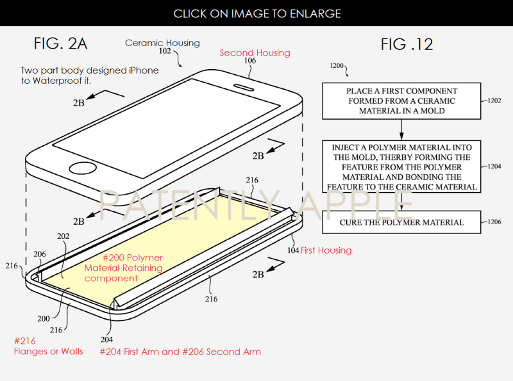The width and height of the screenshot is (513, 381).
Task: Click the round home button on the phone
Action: pos(83,168)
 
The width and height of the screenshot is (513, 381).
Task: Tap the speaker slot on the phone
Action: pos(244,87)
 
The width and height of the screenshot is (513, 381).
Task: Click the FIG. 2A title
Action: pos(60,44)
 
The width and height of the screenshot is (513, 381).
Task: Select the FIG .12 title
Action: pos(407,44)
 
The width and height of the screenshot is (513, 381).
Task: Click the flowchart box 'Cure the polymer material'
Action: pos(401,222)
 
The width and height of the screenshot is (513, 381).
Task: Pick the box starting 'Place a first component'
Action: pos(401,101)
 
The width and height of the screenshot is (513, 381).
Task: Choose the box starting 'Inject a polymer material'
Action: pos(401,166)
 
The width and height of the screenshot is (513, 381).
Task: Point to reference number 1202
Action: pos(494,101)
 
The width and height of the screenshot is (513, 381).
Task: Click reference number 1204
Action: pos(494,166)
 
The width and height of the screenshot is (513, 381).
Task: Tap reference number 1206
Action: pos(494,222)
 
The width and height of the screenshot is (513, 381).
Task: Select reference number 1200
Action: pos(336,66)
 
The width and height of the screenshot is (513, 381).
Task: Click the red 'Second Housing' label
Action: pos(255,53)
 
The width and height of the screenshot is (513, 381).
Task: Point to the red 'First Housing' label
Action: pos(326,250)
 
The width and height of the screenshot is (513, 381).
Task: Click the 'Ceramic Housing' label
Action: pos(162,43)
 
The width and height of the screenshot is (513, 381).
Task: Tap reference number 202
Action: pos(63,236)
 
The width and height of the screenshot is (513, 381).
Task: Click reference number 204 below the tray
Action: pos(106,339)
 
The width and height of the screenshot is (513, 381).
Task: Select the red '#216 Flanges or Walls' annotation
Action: pos(49,346)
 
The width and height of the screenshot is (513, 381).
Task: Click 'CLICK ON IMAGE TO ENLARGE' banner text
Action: pos(257,13)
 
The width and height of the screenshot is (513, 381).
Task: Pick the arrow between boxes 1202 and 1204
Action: pos(401,130)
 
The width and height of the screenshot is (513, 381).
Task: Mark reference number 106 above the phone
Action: pos(250,60)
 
